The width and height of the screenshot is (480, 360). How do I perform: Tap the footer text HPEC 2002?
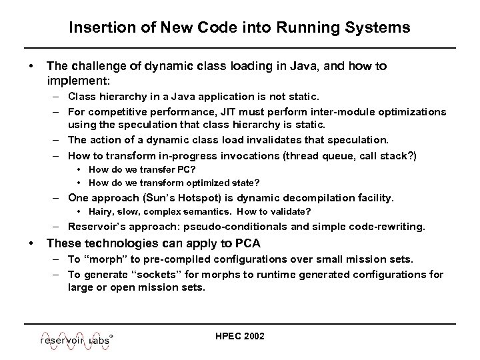click(239, 336)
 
